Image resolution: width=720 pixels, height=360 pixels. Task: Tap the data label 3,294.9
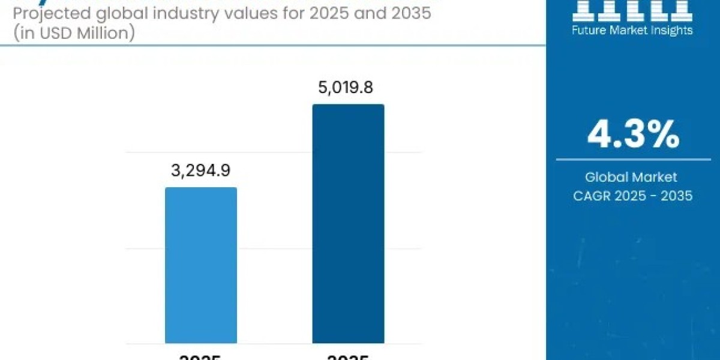coord(201,171)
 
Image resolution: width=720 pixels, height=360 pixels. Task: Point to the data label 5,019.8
coord(345,88)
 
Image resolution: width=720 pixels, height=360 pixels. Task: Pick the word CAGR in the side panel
coord(590,196)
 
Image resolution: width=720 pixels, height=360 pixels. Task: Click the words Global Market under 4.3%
coord(631,177)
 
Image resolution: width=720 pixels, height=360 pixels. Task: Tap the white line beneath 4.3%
coord(633,160)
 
